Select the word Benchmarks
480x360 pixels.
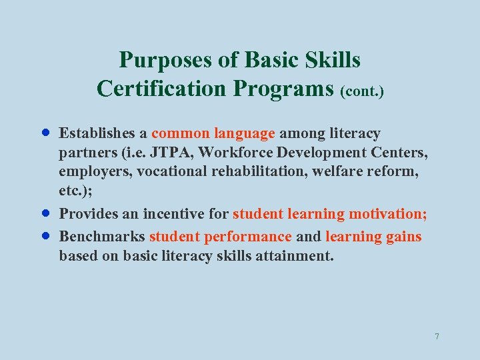coord(102,237)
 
